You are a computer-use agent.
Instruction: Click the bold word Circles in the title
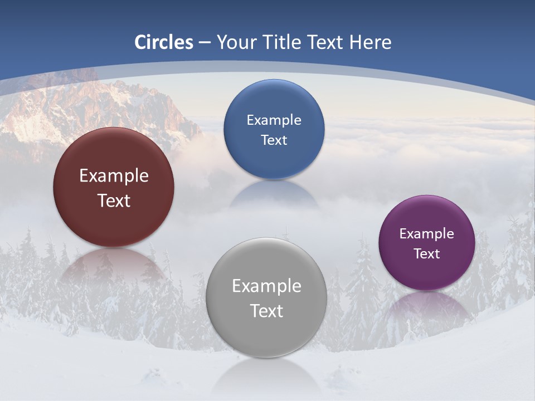[x=164, y=42]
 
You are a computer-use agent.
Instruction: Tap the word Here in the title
[x=370, y=42]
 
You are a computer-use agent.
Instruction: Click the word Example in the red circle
[x=114, y=176]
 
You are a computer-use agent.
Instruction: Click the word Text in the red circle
[x=114, y=201]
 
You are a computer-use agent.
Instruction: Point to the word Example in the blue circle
[x=274, y=120]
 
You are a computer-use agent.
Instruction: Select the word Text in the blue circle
[x=274, y=140]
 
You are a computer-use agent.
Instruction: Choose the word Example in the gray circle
[x=266, y=286]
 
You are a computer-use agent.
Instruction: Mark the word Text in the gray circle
[x=266, y=311]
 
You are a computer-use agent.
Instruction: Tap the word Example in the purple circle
[x=427, y=234]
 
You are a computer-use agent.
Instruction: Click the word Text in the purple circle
[x=427, y=254]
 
